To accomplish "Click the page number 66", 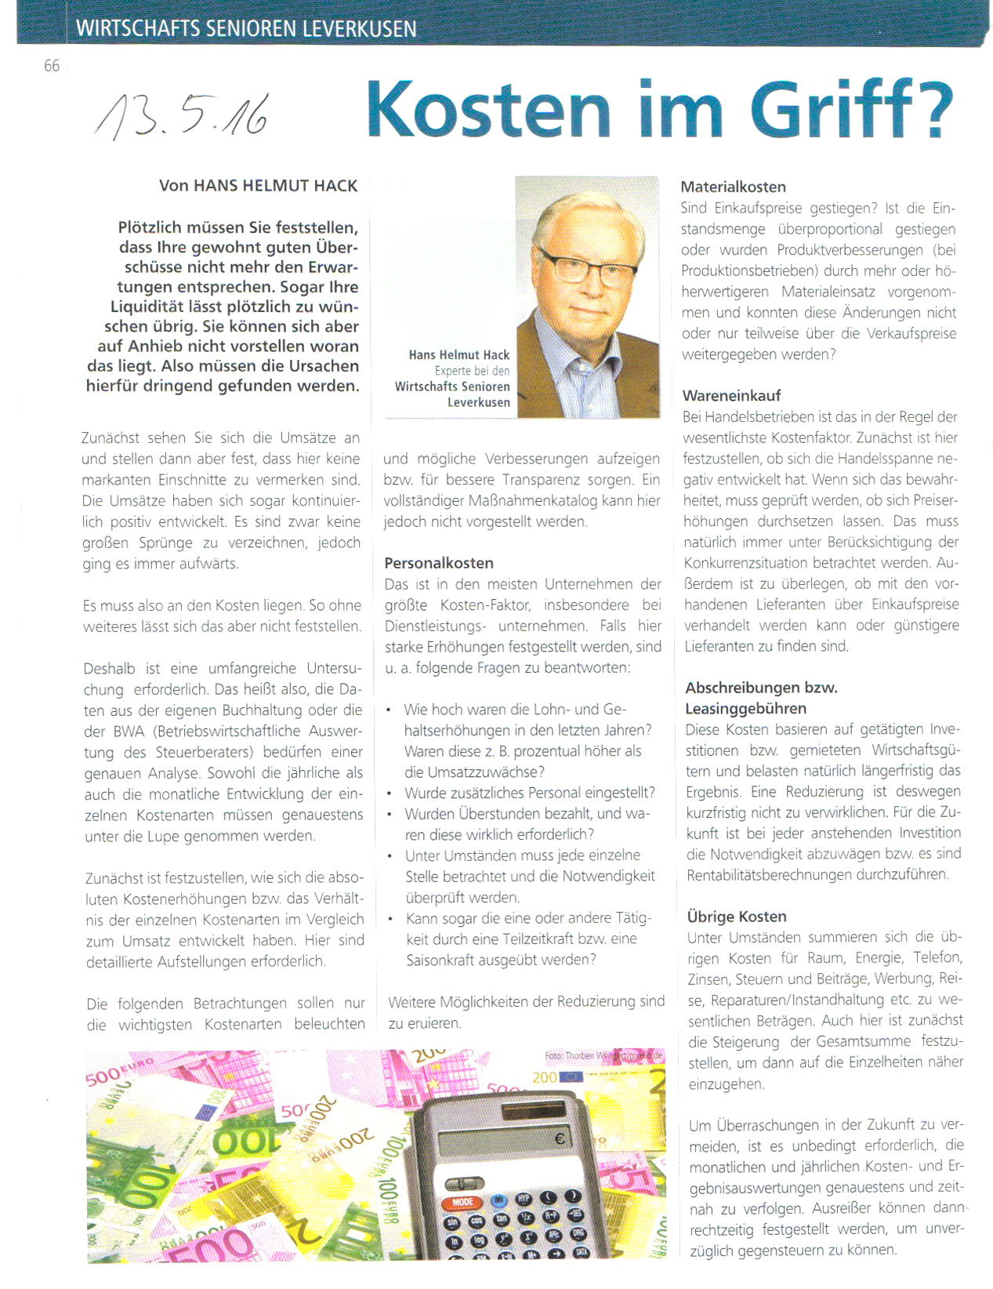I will click(52, 66).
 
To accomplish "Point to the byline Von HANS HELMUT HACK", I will click(258, 186).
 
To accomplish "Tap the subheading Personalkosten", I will click(439, 563).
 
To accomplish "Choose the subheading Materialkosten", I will click(733, 187).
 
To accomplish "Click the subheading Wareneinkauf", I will click(731, 395).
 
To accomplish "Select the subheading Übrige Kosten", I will click(736, 916).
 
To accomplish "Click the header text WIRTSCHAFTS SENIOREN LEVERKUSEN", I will click(246, 30).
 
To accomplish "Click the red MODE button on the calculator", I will click(462, 1202).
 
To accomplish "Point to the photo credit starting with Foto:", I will click(603, 1055).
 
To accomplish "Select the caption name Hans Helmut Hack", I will click(458, 355).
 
